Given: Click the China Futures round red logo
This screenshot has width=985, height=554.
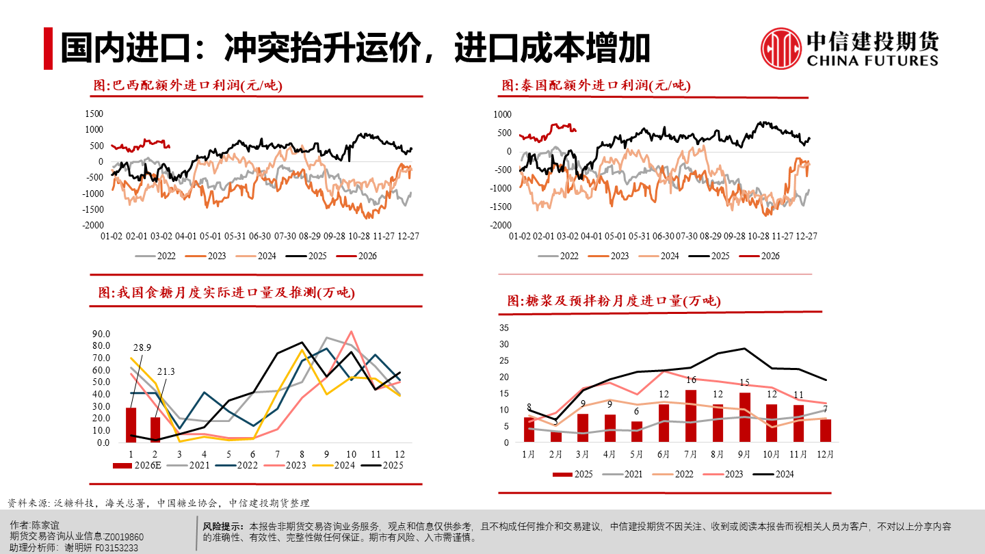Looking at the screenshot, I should (781, 49).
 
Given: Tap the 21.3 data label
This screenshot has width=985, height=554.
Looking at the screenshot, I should (166, 371).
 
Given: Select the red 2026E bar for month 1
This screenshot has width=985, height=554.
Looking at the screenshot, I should (131, 425).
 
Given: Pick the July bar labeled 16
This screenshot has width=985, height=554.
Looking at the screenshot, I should (691, 416).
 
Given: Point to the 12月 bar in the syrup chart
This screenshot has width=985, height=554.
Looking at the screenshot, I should (826, 430).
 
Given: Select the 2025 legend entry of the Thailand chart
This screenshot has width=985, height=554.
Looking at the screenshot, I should (711, 256).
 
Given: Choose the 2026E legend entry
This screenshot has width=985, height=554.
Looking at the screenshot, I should (139, 466).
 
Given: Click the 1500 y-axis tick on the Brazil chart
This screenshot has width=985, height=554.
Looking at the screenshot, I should (94, 114).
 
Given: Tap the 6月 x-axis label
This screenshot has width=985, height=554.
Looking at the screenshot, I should (664, 453).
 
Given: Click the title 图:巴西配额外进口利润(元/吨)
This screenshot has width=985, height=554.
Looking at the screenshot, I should (187, 85).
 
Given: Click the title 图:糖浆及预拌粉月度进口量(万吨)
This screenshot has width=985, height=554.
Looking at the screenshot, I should (614, 300).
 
